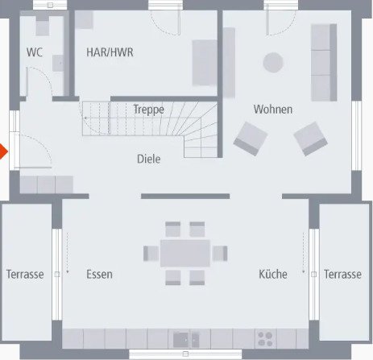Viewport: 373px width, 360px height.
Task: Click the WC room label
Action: pyautogui.click(x=35, y=53)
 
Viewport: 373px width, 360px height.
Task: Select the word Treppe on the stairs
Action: pyautogui.click(x=149, y=109)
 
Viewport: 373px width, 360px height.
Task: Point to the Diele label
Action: pyautogui.click(x=149, y=159)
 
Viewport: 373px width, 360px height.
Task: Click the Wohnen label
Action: pyautogui.click(x=273, y=109)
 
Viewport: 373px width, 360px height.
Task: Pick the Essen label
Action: pyautogui.click(x=99, y=275)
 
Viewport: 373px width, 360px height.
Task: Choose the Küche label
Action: pyautogui.click(x=273, y=275)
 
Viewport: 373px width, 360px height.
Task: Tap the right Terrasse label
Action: pyautogui.click(x=342, y=275)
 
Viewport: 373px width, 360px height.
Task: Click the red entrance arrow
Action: pyautogui.click(x=4, y=152)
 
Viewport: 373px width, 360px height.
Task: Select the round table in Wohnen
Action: pyautogui.click(x=274, y=62)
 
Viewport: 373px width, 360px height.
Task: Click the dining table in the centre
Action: pyautogui.click(x=184, y=253)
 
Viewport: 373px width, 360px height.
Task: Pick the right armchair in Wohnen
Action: pyautogui.click(x=310, y=138)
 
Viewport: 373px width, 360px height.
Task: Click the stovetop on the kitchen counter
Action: pyautogui.click(x=265, y=337)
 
